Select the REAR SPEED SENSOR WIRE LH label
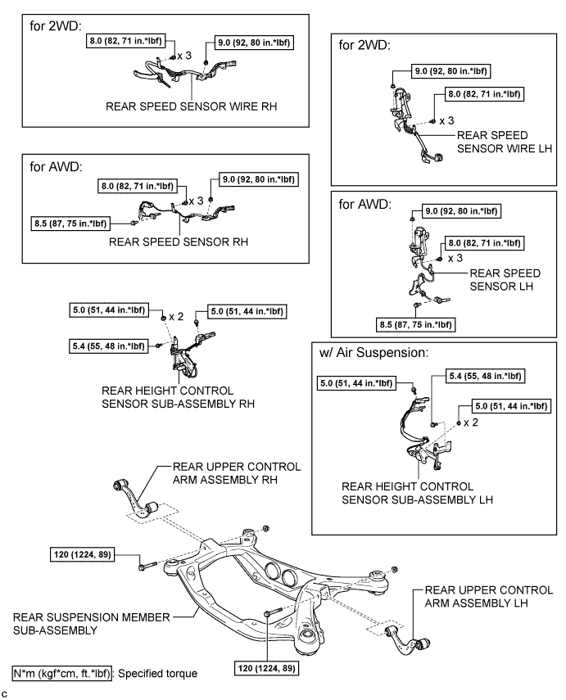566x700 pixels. point(493,142)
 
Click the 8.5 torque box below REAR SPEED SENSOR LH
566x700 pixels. point(415,324)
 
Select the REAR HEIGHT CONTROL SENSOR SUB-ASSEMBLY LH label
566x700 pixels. point(422,490)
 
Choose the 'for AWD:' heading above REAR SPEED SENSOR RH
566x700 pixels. point(53,168)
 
